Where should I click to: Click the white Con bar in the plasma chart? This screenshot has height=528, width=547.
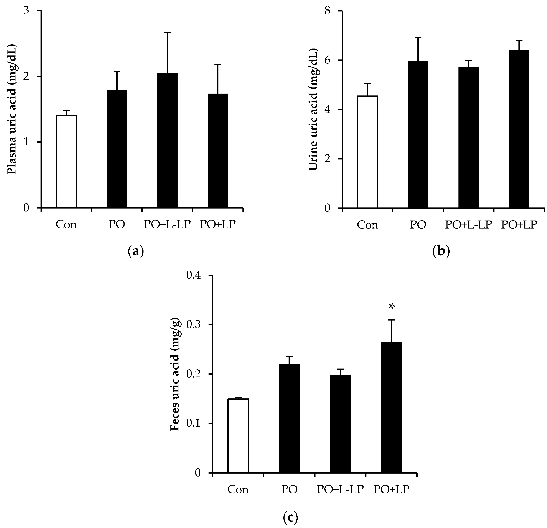tap(66, 162)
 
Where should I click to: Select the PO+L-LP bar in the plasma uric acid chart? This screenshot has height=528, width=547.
tap(167, 141)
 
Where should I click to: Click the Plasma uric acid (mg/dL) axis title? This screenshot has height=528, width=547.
tap(12, 109)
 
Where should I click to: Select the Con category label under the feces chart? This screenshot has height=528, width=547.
tap(238, 490)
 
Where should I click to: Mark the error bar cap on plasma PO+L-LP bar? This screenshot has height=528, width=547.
tap(167, 33)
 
